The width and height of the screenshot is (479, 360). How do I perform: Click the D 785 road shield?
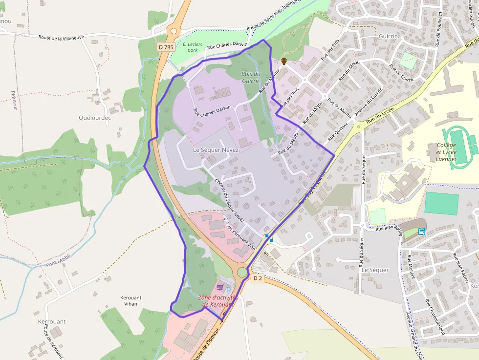coord(166,47)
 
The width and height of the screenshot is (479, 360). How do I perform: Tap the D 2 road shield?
coord(258,278)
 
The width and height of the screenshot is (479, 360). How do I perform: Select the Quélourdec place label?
coord(95,118)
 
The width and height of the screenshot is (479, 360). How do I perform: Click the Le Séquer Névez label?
coord(216,149)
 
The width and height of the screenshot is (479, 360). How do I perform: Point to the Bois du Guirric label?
coord(251,77)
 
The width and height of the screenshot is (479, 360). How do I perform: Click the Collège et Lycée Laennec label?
coord(446,152)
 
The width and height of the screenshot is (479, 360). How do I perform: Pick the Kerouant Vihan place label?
coord(131,300)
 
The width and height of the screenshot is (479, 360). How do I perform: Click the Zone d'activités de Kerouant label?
coord(218,301)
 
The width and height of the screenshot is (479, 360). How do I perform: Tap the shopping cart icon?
coord(220,287)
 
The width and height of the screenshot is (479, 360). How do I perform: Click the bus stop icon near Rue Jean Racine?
coord(421,232)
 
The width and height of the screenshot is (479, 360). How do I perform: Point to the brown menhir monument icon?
coord(283,62)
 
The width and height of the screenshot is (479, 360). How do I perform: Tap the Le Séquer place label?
coord(375,270)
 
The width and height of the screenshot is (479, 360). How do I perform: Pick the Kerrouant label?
coord(51,321)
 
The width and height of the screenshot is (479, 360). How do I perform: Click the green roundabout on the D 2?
coord(242,272)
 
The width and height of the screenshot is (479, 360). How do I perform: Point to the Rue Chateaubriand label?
coord(435,316)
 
